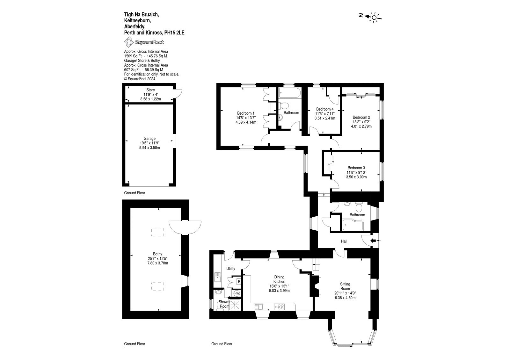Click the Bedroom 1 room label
pyautogui.click(x=246, y=113)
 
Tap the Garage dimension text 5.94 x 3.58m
pyautogui.click(x=149, y=148)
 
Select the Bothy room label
pyautogui.click(x=157, y=254)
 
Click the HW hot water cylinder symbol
pyautogui.click(x=237, y=293)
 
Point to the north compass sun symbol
pyautogui.click(x=374, y=17)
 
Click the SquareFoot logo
pyautogui.click(x=144, y=42)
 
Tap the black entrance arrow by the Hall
pyautogui.click(x=373, y=241)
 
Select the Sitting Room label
pyautogui.click(x=345, y=286)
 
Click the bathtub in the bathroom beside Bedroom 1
pyautogui.click(x=290, y=93)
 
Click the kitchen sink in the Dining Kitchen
pyautogui.click(x=259, y=307)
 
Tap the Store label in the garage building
pyautogui.click(x=150, y=90)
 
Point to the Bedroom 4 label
pyautogui.click(x=325, y=109)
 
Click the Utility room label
pyautogui.click(x=231, y=269)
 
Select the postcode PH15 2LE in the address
pyautogui.click(x=174, y=32)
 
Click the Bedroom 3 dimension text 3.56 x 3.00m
pyautogui.click(x=356, y=177)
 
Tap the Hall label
pyautogui.click(x=344, y=241)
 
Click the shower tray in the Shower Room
pyautogui.click(x=235, y=305)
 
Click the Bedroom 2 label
pyautogui.click(x=361, y=117)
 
